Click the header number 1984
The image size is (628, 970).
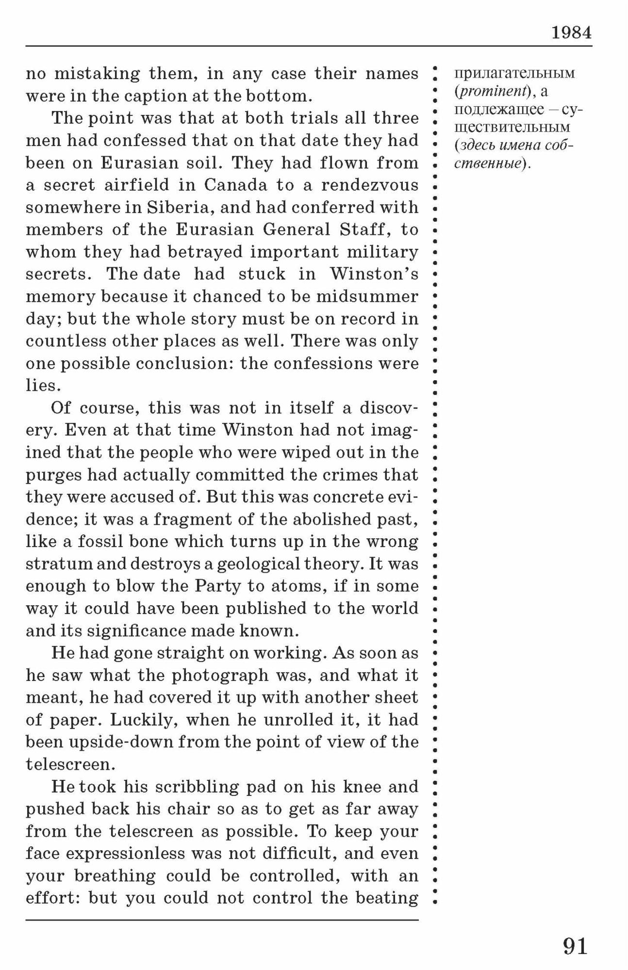[x=571, y=33]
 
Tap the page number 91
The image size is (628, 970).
[x=575, y=946]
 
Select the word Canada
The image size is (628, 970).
[x=235, y=185]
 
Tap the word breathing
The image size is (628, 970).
[x=115, y=876]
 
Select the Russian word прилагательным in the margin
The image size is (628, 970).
[x=514, y=73]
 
